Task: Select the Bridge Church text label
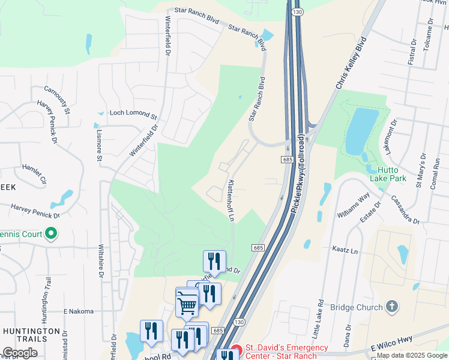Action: tap(357, 308)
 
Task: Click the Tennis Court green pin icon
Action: tap(52, 233)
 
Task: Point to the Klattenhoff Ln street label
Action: tap(230, 200)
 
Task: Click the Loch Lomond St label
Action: tap(133, 113)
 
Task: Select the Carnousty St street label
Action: tap(57, 100)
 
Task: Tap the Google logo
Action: tap(20, 352)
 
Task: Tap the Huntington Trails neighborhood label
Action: tap(31, 336)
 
